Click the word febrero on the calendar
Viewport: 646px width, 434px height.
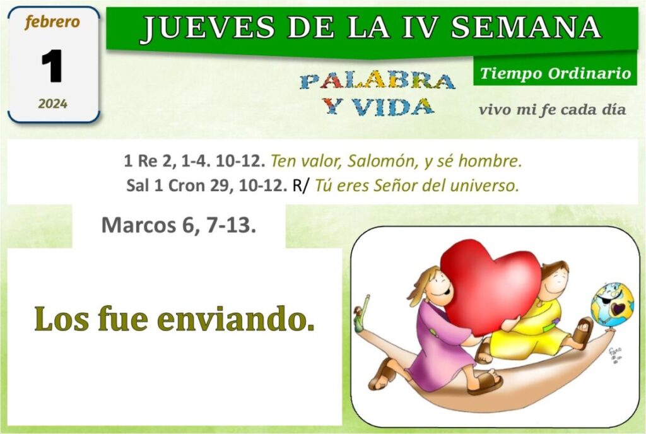coord(52,22)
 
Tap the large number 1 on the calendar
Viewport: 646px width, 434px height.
coord(52,66)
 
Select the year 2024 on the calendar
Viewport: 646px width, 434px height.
coord(53,103)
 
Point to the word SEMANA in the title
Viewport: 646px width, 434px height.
coord(526,27)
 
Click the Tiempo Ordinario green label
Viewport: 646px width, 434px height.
coord(555,73)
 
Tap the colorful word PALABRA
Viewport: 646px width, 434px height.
coord(377,81)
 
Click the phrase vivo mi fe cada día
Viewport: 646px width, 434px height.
coord(553,110)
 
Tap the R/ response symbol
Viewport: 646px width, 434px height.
coord(300,185)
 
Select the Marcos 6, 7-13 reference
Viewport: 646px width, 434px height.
coord(179,225)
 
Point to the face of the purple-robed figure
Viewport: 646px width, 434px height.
coord(438,287)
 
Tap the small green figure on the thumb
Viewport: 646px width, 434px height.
coord(360,312)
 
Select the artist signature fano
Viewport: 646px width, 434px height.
coord(615,355)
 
